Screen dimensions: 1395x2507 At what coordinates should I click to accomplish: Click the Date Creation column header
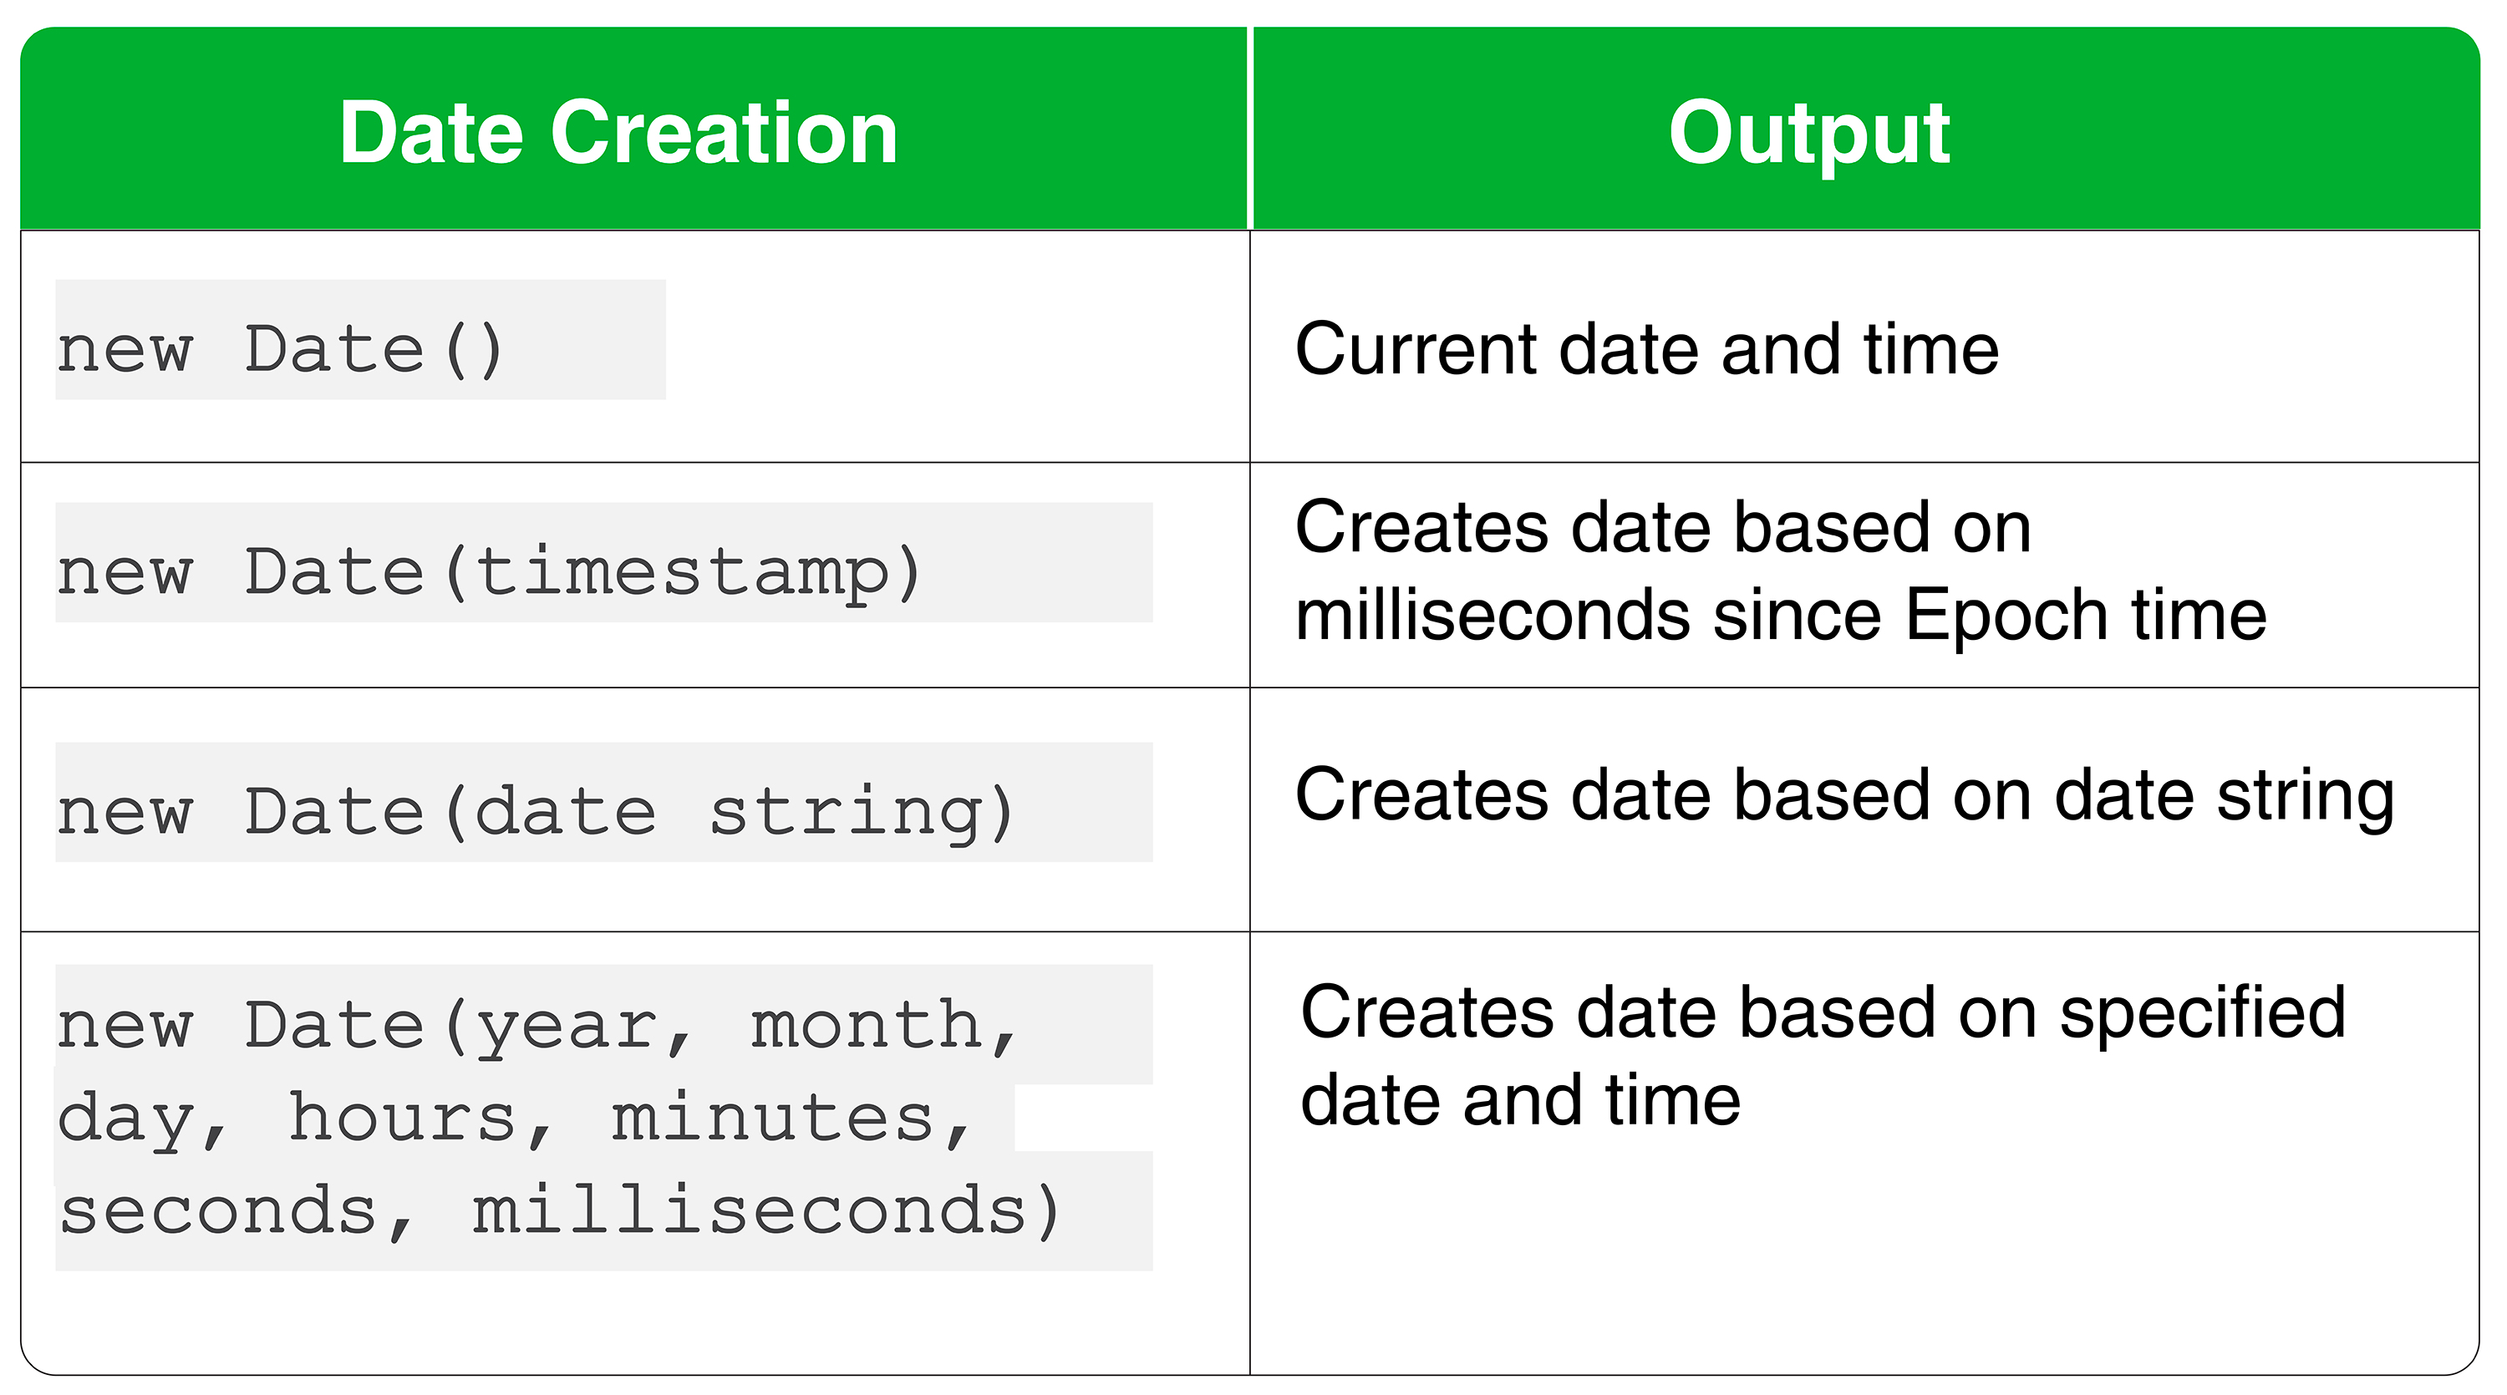pos(618,134)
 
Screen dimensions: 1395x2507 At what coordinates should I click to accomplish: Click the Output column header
pos(1808,134)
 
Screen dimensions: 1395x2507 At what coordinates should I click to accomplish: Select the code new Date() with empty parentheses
pos(280,349)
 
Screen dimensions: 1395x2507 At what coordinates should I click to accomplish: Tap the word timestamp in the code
pos(681,572)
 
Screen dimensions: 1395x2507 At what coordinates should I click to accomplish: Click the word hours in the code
pos(403,1118)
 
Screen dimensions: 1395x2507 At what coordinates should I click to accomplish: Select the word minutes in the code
pos(773,1118)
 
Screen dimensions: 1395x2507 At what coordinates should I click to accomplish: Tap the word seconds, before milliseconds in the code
pos(219,1211)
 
